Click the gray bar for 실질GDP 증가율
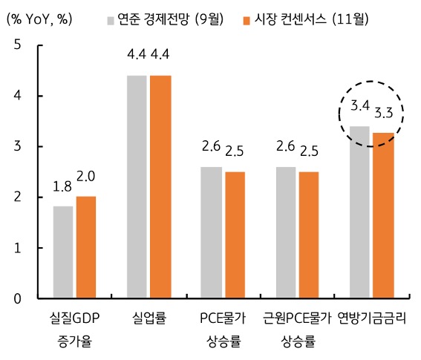[x=63, y=252]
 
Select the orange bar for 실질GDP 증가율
[x=85, y=247]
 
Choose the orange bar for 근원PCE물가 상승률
[x=309, y=235]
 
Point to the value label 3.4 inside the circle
[x=360, y=106]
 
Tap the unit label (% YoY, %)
[x=39, y=18]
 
